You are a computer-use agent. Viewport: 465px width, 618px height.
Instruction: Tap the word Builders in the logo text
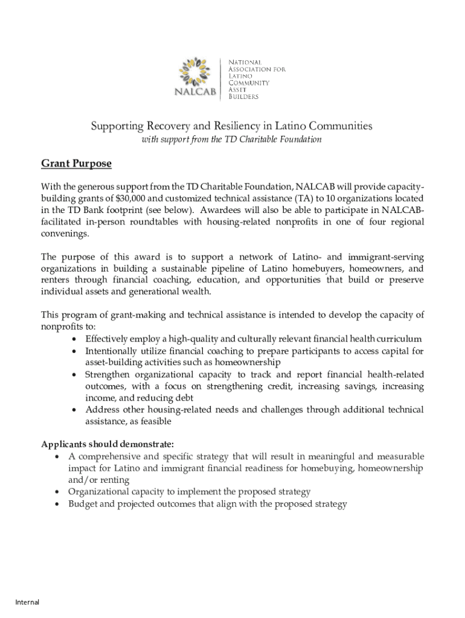click(243, 97)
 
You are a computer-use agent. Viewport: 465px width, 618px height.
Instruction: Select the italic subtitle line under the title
click(231, 140)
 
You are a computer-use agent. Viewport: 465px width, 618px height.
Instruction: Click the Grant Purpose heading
click(76, 164)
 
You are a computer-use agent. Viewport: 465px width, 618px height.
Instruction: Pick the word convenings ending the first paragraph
click(63, 234)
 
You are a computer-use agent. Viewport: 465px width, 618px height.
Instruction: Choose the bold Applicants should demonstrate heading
click(107, 445)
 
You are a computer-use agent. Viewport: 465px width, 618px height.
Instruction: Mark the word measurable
click(402, 457)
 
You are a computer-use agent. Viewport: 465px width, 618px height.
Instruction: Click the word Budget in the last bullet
click(83, 504)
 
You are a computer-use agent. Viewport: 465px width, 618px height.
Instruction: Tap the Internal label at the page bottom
click(27, 602)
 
